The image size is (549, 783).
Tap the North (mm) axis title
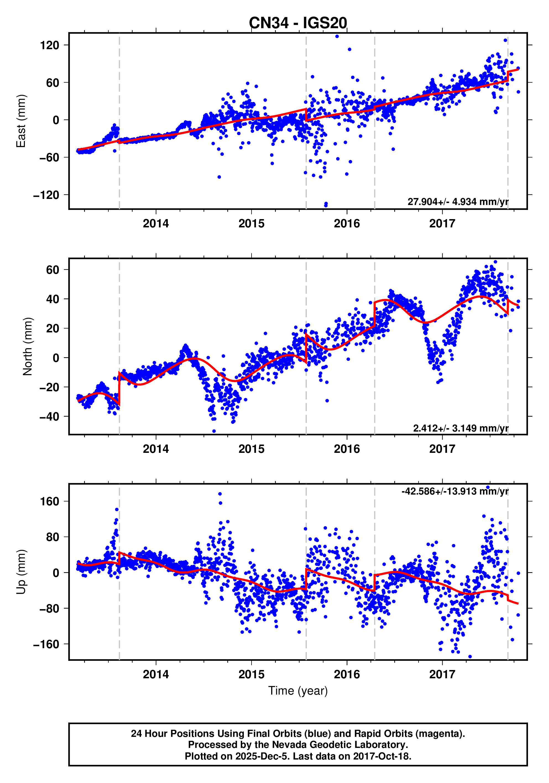pos(27,346)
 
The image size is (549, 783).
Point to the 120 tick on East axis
pos(49,45)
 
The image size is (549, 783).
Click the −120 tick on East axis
pos(46,195)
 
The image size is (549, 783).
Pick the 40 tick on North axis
pos(53,299)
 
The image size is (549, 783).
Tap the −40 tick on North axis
pos(49,417)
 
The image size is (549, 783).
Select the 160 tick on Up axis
pos(49,502)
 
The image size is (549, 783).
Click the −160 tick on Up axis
pos(46,644)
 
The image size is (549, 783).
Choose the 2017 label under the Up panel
pos(442,674)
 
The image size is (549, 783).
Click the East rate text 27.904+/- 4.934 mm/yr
pos(457,202)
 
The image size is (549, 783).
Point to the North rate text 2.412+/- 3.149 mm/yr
pos(460,428)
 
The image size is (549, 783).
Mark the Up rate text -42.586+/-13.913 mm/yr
pos(455,492)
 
